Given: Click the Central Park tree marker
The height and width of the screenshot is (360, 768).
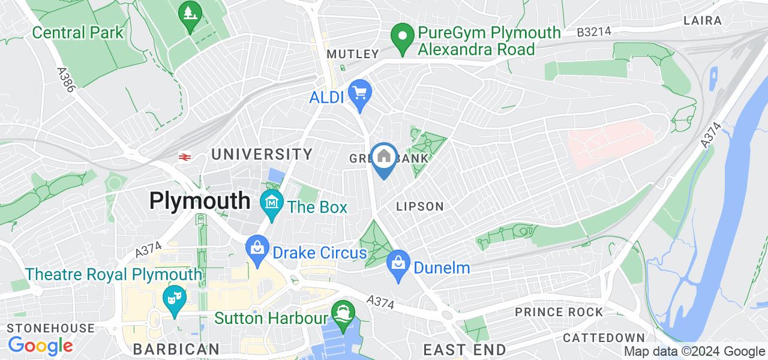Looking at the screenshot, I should (191, 14).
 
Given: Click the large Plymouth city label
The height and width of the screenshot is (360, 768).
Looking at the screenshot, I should (199, 200).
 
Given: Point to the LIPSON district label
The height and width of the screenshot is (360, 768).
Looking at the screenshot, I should (420, 206).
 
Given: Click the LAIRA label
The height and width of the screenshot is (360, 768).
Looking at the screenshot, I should (702, 20).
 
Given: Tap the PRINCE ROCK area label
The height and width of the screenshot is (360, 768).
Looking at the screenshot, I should (559, 312).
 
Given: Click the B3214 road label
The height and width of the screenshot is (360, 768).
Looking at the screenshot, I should (595, 32).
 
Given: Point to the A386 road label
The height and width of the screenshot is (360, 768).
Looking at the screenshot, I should (67, 80).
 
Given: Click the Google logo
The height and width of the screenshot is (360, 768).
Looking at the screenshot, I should (40, 346).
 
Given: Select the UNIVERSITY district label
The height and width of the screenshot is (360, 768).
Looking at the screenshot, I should (262, 154).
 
